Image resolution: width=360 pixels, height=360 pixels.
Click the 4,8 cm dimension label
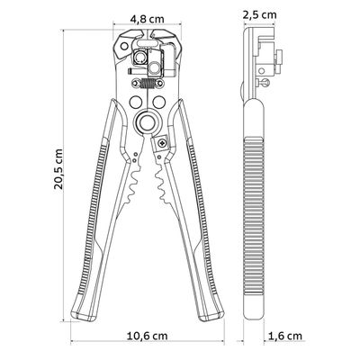point(148,19)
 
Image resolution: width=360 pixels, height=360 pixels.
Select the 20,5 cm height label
point(58,169)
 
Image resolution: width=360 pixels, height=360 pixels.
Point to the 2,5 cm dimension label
point(259,14)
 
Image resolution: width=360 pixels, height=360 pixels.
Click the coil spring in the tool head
point(148,84)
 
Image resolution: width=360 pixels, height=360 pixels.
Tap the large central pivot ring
point(148,121)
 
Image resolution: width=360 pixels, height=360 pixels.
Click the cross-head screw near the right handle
point(162,143)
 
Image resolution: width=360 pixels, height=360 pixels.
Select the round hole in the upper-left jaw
point(123,46)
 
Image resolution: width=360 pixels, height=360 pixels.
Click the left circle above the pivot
point(136,102)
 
